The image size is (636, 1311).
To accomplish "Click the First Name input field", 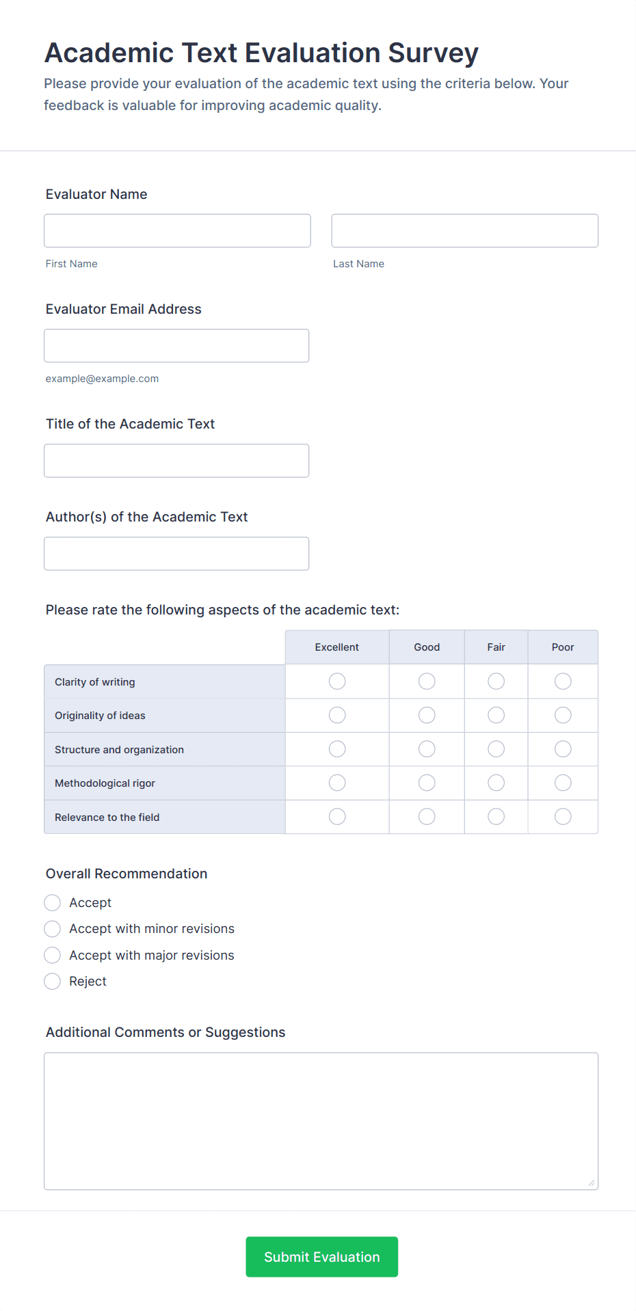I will pyautogui.click(x=177, y=230).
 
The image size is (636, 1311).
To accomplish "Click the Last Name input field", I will pyautogui.click(x=464, y=230).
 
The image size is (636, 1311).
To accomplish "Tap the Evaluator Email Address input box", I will pyautogui.click(x=176, y=345).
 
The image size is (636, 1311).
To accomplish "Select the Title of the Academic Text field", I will pyautogui.click(x=176, y=460).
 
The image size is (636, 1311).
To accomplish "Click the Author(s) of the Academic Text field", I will pyautogui.click(x=176, y=553).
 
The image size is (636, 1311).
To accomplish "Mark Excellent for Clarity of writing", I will pyautogui.click(x=337, y=681).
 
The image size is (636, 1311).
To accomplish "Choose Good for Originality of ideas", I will pyautogui.click(x=427, y=715).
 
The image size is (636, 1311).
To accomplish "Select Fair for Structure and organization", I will pyautogui.click(x=496, y=749).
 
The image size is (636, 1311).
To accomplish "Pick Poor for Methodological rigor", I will pyautogui.click(x=563, y=783).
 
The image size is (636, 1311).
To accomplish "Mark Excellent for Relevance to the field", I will pyautogui.click(x=337, y=817).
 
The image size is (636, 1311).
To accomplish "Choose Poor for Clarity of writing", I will pyautogui.click(x=563, y=681).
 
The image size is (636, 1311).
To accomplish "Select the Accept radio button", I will pyautogui.click(x=53, y=903).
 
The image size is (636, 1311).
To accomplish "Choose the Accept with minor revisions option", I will pyautogui.click(x=53, y=929).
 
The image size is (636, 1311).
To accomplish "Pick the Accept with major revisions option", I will pyautogui.click(x=53, y=955).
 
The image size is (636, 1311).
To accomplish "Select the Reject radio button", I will pyautogui.click(x=53, y=982).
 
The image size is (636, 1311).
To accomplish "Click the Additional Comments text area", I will pyautogui.click(x=321, y=1121).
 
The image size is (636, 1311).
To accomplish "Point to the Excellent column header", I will pyautogui.click(x=336, y=647).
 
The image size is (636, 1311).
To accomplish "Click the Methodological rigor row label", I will pyautogui.click(x=105, y=783).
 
